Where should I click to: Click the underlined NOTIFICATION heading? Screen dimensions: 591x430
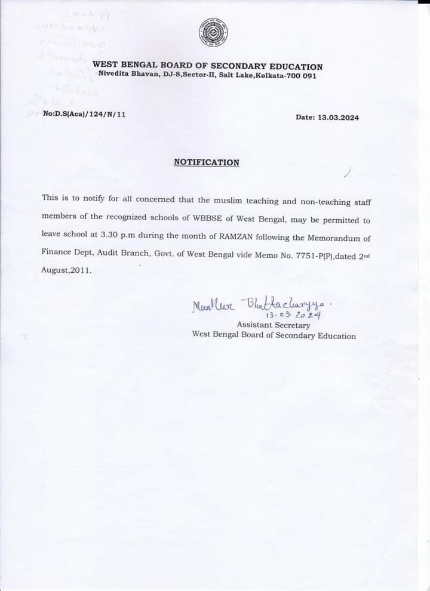[x=206, y=162]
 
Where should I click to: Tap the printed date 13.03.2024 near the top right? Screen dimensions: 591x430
[x=338, y=118]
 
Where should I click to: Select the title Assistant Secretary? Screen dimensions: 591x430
[x=274, y=325]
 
